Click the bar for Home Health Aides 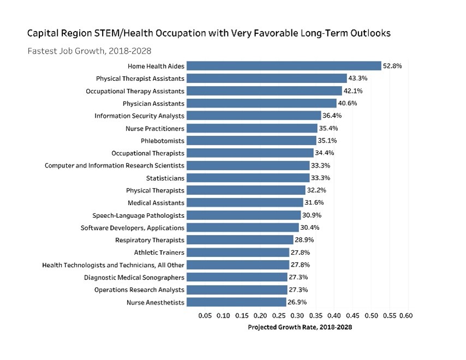coord(284,66)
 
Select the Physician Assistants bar coord(261,103)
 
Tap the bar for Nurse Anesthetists coord(236,302)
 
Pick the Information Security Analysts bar coord(254,116)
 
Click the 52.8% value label coord(392,66)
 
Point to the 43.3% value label coord(358,79)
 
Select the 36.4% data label coord(332,116)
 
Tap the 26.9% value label coord(297,302)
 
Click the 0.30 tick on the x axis coord(297,315)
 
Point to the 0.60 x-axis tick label coord(407,315)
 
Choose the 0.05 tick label coord(205,315)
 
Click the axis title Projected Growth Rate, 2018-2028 coord(300,327)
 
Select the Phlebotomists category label coord(163,141)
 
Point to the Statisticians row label coord(165,178)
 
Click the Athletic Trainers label coord(159,253)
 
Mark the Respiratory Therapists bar coord(240,240)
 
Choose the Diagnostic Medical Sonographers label coord(134,277)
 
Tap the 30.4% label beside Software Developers coord(310,227)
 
